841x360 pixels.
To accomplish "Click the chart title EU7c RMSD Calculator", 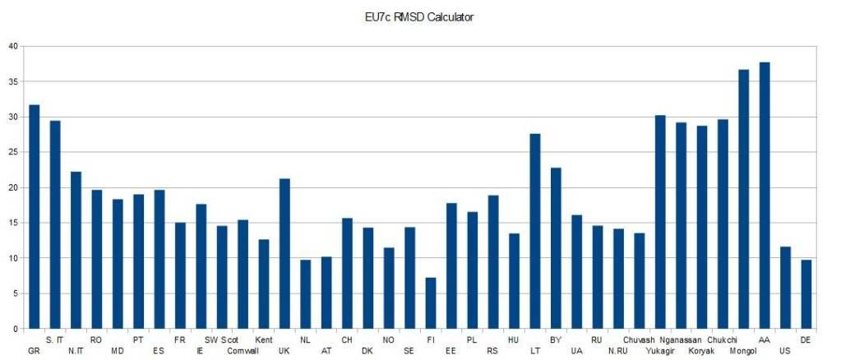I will point(420,16).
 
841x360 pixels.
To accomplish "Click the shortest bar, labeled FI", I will point(430,303).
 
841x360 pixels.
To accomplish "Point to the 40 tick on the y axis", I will point(12,46).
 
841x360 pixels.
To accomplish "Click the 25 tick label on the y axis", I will point(12,152).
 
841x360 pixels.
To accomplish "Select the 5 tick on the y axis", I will point(14,293).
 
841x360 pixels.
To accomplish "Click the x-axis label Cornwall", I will point(243,350).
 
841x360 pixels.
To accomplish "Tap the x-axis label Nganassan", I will point(681,339).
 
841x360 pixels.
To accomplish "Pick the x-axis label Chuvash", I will point(639,339).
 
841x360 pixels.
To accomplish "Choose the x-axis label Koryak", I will point(701,350).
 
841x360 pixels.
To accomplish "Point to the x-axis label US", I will point(785,350).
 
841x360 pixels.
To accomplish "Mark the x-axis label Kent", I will point(264,339).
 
